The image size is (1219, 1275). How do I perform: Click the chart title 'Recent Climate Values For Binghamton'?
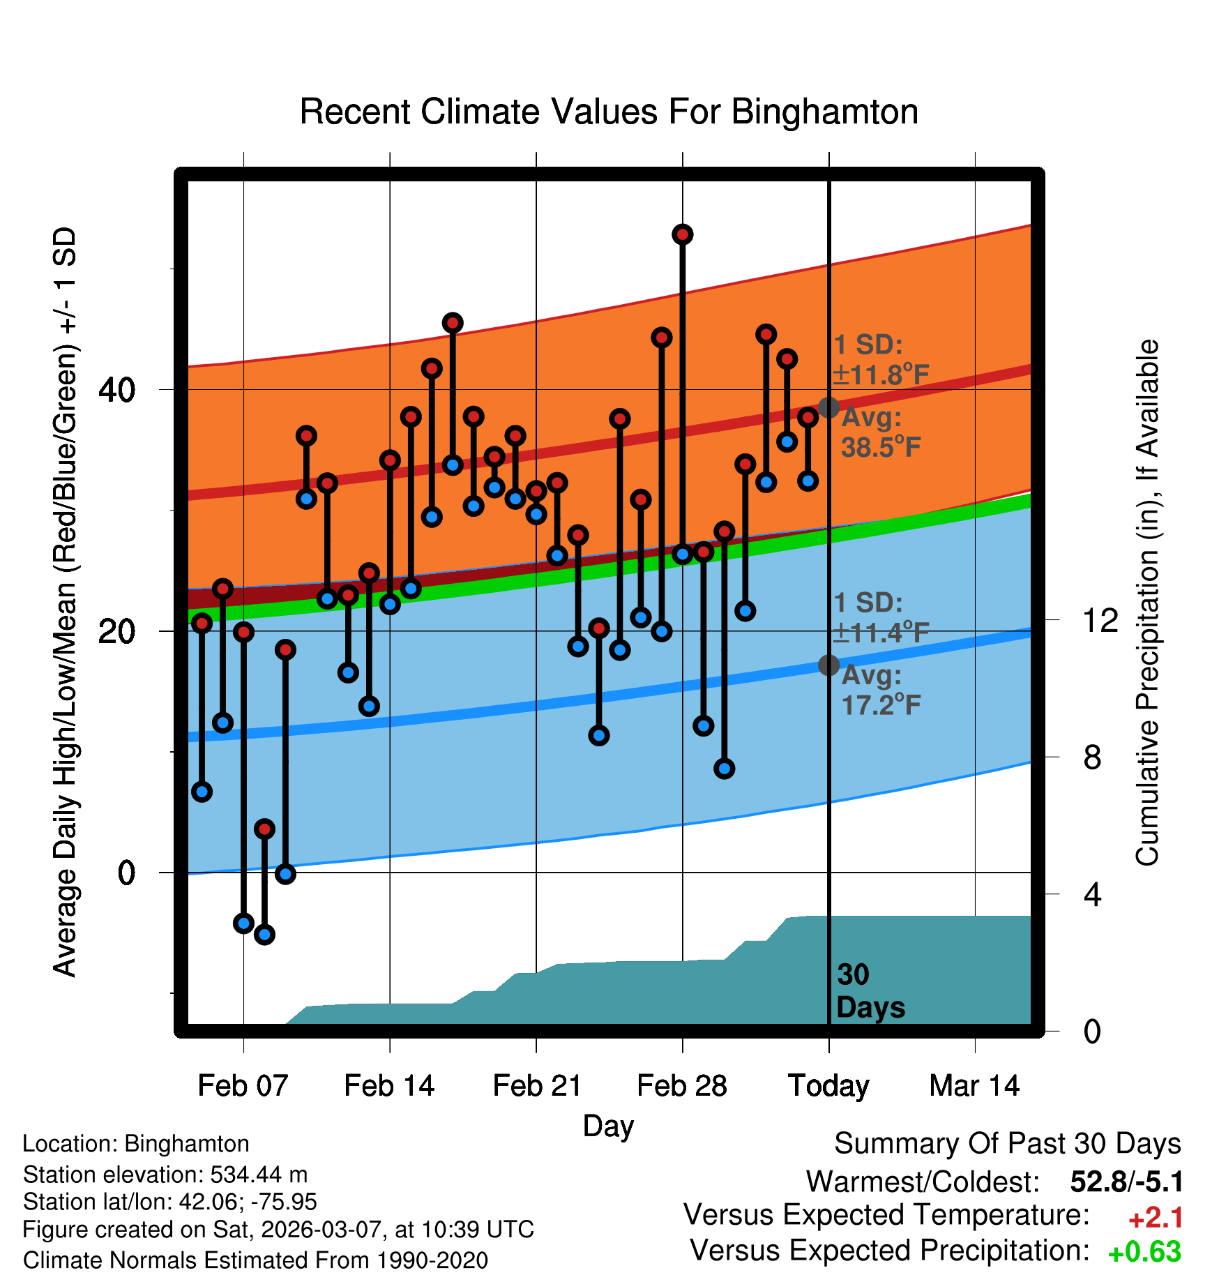click(609, 112)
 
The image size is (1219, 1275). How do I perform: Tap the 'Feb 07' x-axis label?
click(243, 1086)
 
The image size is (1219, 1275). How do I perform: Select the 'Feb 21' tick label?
click(537, 1086)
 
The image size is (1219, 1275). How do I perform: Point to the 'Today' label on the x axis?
click(828, 1086)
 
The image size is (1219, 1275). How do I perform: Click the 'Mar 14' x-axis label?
click(974, 1086)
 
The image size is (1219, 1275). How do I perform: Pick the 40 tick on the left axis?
click(116, 390)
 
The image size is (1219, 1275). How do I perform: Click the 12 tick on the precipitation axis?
click(1100, 620)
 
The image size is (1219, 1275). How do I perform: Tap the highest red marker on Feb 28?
click(683, 234)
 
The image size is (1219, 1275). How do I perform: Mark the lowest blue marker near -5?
click(264, 935)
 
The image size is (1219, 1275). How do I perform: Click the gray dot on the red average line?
click(828, 407)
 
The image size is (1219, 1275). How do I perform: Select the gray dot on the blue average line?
click(828, 665)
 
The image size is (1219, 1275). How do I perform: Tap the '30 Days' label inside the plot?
click(870, 991)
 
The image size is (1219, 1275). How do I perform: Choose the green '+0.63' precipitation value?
click(1144, 1252)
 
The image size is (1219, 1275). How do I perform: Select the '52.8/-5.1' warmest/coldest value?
click(1126, 1182)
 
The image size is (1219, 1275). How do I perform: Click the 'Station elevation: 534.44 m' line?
click(165, 1175)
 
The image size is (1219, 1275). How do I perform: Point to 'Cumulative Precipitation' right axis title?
click(1147, 603)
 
